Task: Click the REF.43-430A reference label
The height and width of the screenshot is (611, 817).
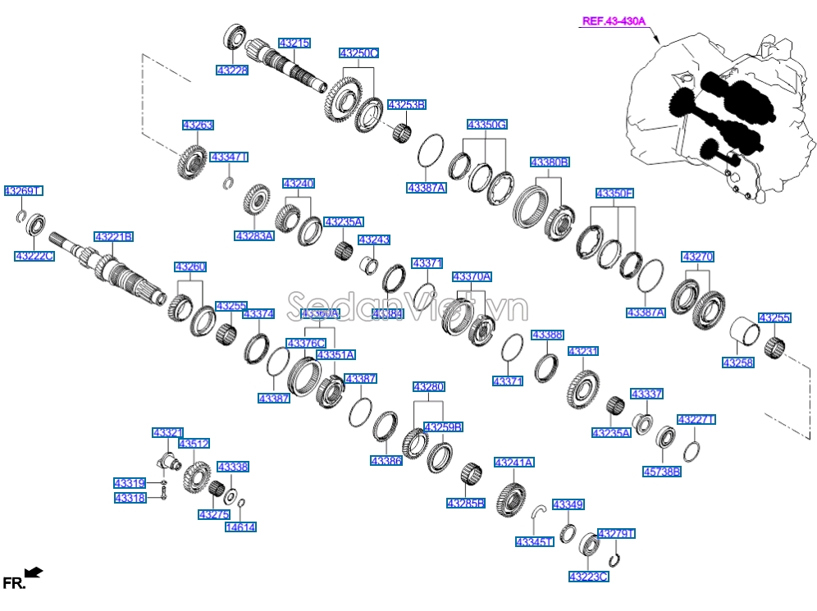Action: click(613, 22)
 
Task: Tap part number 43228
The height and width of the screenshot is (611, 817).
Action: click(232, 71)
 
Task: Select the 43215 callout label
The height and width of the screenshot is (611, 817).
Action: click(294, 43)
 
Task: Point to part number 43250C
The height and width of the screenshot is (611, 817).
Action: click(359, 53)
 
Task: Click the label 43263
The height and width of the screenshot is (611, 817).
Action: click(198, 125)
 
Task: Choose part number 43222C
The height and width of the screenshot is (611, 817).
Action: click(34, 256)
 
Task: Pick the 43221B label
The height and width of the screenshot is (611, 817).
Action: click(113, 237)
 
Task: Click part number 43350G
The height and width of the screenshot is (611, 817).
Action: click(487, 125)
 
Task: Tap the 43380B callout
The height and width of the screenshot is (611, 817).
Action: click(549, 162)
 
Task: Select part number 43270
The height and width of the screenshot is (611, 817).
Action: click(697, 257)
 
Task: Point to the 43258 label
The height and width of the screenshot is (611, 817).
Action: click(737, 362)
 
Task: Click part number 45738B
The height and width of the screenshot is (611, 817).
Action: click(661, 472)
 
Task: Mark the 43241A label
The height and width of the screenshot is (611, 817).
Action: click(514, 463)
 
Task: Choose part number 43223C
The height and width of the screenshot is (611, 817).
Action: click(588, 577)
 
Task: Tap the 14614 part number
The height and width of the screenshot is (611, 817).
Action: click(240, 527)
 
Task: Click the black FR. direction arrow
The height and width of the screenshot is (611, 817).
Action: click(34, 572)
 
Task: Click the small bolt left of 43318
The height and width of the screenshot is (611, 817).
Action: click(165, 492)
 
